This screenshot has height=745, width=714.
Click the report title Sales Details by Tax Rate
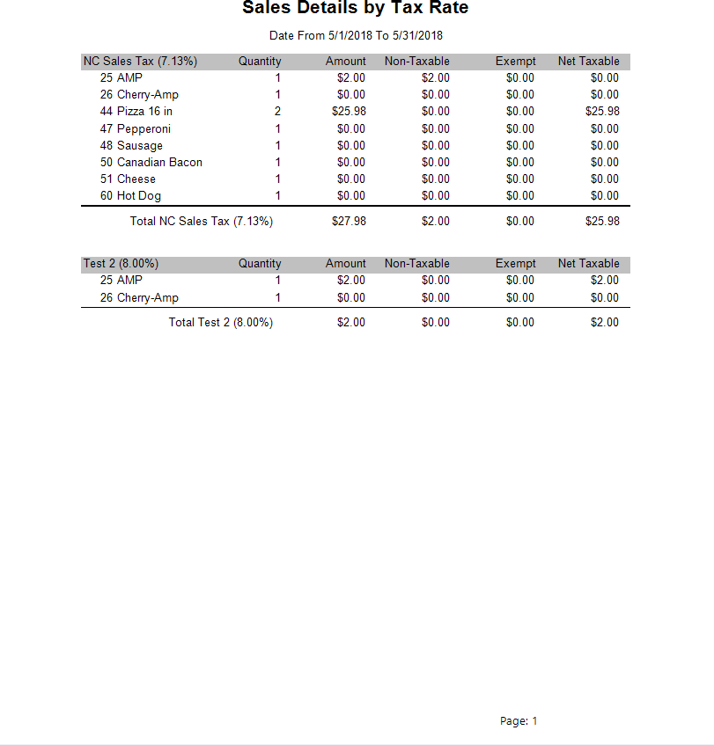point(355,9)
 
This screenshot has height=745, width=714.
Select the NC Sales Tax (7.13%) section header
point(140,62)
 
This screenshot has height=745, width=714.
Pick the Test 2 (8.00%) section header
point(121,264)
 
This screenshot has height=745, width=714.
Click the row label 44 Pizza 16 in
point(136,112)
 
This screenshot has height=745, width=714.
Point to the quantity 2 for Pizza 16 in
point(277,112)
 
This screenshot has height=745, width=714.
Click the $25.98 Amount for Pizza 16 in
point(349,112)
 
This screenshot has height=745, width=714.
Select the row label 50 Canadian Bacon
point(151,163)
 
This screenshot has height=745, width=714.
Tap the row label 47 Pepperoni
point(136,129)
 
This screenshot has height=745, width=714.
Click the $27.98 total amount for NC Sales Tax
point(349,222)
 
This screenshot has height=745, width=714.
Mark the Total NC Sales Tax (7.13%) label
point(202,222)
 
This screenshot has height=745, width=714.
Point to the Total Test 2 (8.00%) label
point(221,323)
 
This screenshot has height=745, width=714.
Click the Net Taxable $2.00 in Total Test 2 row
point(605,323)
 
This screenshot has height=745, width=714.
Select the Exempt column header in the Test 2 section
point(516,264)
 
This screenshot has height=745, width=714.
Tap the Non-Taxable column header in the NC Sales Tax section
point(417,62)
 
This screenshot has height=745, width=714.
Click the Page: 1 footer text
point(519,721)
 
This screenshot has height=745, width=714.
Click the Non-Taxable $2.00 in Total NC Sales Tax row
point(436,222)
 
